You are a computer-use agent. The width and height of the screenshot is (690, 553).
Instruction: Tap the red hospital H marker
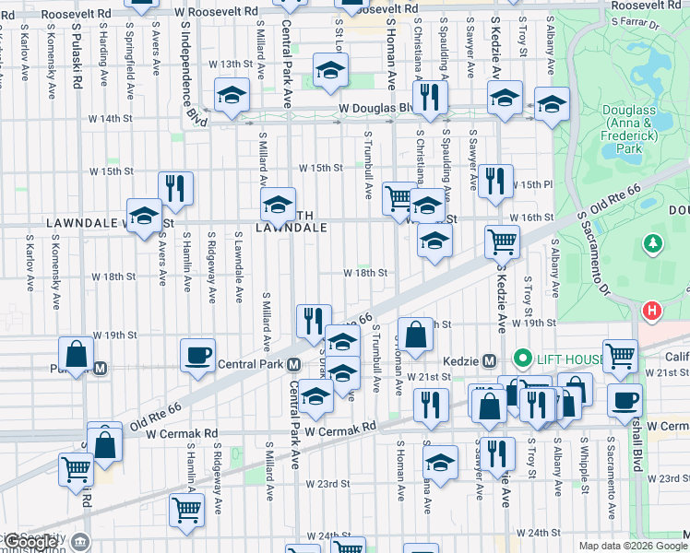[x=653, y=312]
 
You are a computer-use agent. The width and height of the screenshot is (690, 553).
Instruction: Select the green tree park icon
[x=653, y=243]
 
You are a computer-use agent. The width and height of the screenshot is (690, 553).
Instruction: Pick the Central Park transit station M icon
[x=294, y=364]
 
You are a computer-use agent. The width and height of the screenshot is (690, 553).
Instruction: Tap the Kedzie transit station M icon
[x=489, y=359]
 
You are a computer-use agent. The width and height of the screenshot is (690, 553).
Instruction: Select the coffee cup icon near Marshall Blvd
[x=625, y=400]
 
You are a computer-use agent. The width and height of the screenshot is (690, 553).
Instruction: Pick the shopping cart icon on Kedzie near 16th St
[x=503, y=241]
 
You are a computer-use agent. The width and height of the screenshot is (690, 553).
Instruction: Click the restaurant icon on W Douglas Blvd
[x=428, y=96]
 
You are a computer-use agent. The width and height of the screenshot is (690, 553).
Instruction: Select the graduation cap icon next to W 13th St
[x=330, y=70]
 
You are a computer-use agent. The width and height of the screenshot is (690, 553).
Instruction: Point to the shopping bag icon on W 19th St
[x=416, y=335]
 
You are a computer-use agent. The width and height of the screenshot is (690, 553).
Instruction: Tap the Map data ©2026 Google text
[x=633, y=546]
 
